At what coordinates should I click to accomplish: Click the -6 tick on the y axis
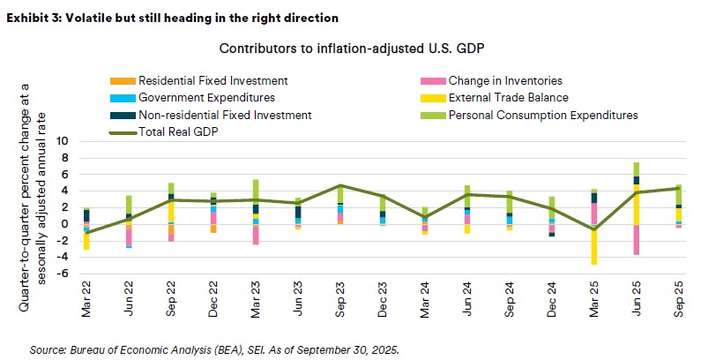[63, 274]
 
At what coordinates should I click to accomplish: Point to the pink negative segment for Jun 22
[129, 237]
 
